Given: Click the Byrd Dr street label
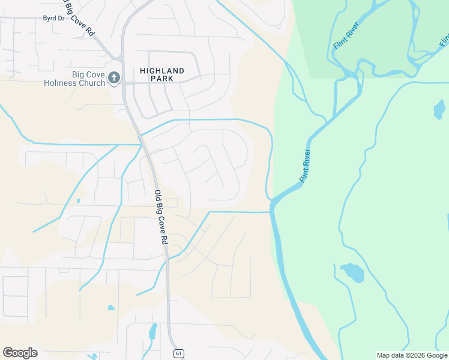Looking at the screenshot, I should (x=53, y=19).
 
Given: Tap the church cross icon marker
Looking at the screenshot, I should (x=114, y=78).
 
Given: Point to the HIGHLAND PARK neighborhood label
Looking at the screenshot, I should (x=162, y=74).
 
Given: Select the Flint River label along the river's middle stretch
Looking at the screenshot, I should (x=305, y=166).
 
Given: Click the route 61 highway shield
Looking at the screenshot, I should (x=178, y=353).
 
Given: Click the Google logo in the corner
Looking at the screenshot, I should (x=20, y=353).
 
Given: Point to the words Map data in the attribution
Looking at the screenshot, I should (x=390, y=355).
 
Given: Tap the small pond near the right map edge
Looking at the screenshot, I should (x=439, y=110).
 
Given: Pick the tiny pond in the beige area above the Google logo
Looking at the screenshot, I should (x=111, y=308).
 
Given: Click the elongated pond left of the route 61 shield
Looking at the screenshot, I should (x=152, y=331).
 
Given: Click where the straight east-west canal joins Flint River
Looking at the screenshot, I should (x=271, y=211).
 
